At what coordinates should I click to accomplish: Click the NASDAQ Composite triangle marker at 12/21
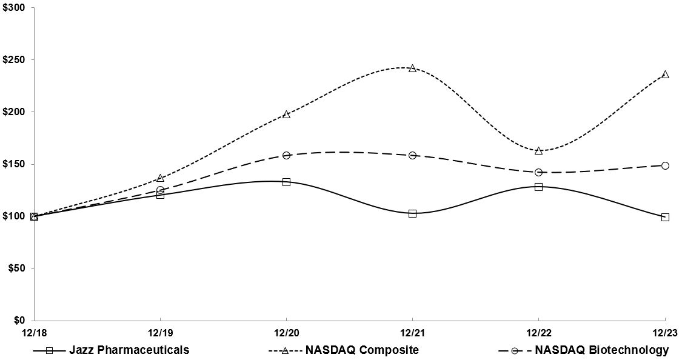(x=412, y=68)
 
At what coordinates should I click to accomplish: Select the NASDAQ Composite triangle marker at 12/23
(x=665, y=75)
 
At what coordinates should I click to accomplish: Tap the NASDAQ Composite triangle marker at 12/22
(x=538, y=150)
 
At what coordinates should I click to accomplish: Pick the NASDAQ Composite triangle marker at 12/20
(x=286, y=114)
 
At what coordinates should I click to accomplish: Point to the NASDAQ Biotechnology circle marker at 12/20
(x=286, y=155)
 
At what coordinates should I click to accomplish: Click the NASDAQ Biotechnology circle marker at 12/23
(x=665, y=165)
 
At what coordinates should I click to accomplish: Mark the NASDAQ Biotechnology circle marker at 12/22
(x=538, y=172)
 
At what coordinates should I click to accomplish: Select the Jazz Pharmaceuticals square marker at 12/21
(x=412, y=213)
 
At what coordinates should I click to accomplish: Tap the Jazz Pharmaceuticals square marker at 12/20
(x=286, y=182)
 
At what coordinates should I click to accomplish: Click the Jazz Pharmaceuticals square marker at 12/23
(x=665, y=217)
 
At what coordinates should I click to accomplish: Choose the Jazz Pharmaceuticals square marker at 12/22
(x=538, y=187)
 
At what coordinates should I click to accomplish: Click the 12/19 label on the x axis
(x=160, y=332)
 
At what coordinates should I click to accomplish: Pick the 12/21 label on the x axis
(x=412, y=332)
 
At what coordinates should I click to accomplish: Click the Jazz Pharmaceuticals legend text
(x=129, y=350)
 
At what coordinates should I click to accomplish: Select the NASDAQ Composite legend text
(x=362, y=350)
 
